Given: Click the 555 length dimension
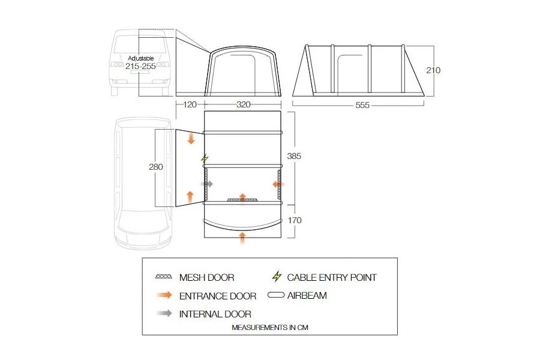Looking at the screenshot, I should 362,105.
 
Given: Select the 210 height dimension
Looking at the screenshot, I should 433,70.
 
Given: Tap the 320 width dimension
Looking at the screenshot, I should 243,104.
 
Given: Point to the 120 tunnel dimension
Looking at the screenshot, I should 190,104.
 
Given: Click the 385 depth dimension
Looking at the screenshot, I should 294,156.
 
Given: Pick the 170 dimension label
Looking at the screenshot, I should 294,220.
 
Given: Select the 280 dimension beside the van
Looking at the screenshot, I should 156,167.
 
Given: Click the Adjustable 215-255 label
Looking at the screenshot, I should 141,62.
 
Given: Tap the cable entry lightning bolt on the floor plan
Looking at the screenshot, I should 205,159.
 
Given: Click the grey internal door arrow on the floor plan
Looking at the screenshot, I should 207,184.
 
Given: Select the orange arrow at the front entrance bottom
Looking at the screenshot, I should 242,237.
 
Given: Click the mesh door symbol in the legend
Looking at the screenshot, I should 163,277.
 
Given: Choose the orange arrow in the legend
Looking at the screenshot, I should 163,295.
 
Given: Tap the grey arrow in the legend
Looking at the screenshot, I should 163,313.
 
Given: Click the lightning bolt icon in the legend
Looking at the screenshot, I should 277,277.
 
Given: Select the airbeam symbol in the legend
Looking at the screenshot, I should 277,295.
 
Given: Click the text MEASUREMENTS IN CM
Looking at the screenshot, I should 270,328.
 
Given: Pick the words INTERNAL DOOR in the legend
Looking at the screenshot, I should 215,314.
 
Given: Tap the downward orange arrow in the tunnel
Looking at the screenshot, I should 191,139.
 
